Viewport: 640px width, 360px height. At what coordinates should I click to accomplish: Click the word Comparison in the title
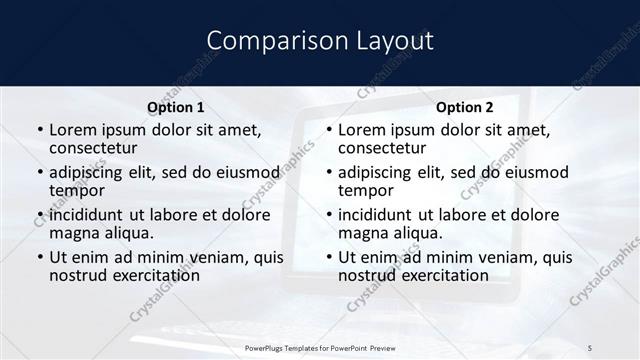(x=265, y=41)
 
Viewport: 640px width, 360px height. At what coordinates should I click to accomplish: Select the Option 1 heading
(x=176, y=107)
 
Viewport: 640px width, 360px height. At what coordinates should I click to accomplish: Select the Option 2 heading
(x=465, y=107)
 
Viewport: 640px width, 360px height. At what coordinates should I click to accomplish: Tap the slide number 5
(x=591, y=346)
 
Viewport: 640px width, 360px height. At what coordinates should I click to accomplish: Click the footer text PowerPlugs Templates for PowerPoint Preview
(x=320, y=346)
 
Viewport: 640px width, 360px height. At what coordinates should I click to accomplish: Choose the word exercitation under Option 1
(x=144, y=275)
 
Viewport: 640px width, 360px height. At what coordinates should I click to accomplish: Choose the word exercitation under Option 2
(x=433, y=275)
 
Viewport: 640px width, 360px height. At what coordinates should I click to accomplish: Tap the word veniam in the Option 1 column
(x=209, y=257)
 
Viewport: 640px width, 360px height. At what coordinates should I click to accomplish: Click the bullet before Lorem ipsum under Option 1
(x=39, y=130)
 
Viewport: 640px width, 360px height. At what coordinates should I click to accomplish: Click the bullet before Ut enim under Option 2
(x=328, y=257)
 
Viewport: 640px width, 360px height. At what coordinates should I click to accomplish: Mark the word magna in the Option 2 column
(x=362, y=233)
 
